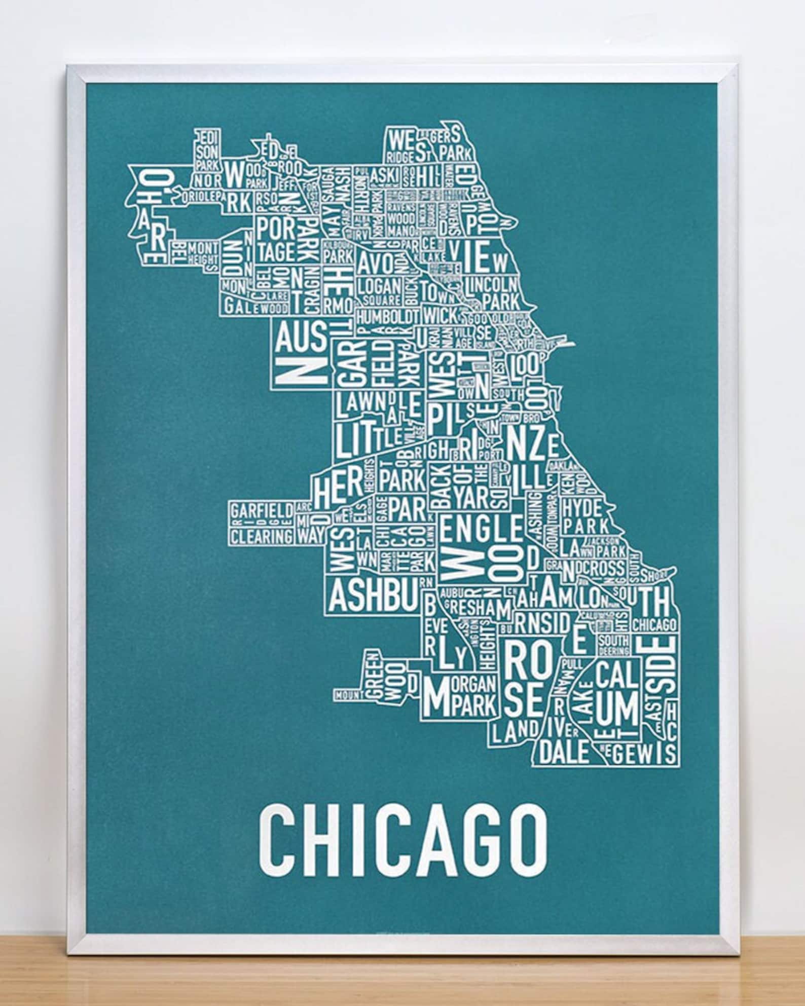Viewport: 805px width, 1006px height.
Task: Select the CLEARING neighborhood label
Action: point(262,535)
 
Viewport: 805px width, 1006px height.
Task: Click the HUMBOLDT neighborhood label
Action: point(387,316)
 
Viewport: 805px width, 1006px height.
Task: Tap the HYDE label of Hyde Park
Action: point(581,507)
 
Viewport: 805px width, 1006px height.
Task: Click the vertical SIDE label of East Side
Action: point(665,664)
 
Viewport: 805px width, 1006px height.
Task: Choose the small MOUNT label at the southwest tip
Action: point(347,694)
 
